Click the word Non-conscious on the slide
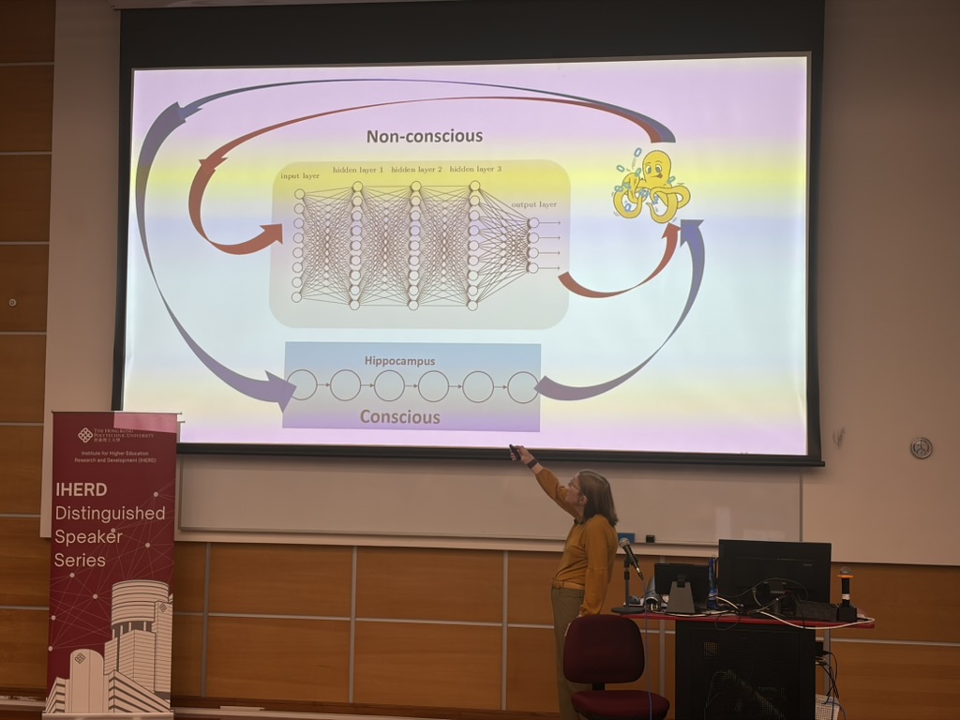[x=424, y=136]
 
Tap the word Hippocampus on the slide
[x=399, y=360]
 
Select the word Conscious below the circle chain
[x=399, y=416]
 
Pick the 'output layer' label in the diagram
[x=533, y=204]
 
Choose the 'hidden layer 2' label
[x=416, y=170]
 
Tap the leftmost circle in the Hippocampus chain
[x=302, y=385]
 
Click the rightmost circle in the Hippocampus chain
[x=523, y=386]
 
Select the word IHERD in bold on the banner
[x=81, y=489]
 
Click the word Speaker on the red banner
[x=86, y=536]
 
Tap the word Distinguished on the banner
[x=110, y=513]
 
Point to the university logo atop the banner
[x=85, y=435]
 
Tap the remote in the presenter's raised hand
[x=514, y=453]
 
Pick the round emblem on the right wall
[x=921, y=447]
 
